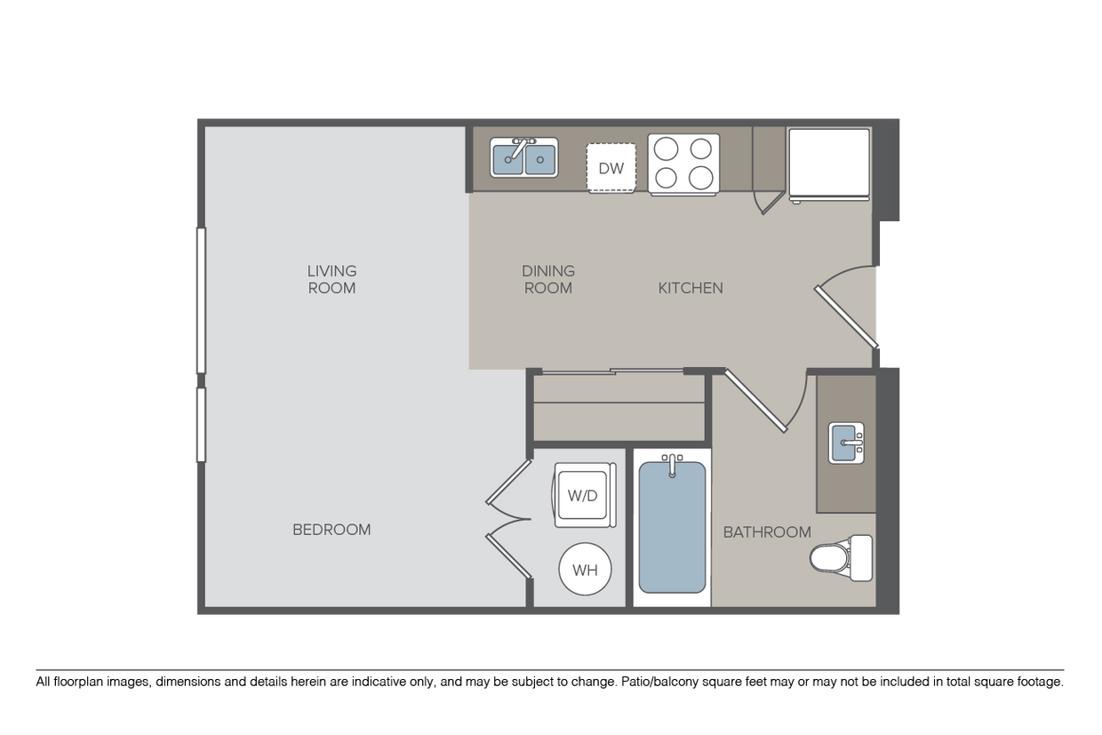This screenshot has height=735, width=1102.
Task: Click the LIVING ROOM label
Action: pos(331,279)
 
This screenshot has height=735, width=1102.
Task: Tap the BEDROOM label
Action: pos(331,530)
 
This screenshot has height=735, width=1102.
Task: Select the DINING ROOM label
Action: pos(547,279)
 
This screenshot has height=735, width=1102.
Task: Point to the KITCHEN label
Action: pos(691,288)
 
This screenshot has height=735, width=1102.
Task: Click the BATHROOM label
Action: pos(766,532)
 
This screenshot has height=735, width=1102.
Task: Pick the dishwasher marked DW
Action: pos(611,168)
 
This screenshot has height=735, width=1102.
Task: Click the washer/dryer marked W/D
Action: pos(585,495)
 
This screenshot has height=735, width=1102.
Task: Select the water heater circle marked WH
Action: pos(585,571)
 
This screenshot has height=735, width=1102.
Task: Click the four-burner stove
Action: pos(683,164)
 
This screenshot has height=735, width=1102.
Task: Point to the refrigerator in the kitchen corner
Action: pos(828,164)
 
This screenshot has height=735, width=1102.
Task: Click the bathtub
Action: pos(672,526)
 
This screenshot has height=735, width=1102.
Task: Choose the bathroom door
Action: pos(756,401)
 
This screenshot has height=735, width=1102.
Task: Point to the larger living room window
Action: pos(202,300)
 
